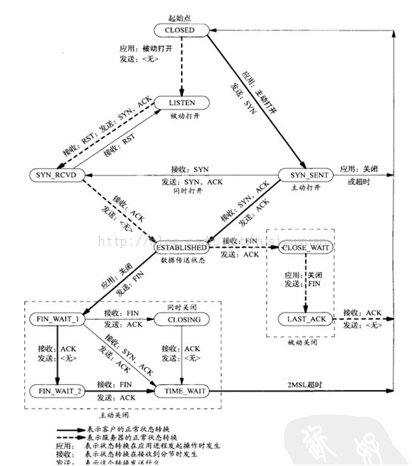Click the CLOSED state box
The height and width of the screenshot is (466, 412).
pyautogui.click(x=181, y=30)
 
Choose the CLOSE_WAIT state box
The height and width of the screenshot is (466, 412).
pyautogui.click(x=307, y=248)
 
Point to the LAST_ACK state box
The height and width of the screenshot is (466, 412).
pyautogui.click(x=307, y=319)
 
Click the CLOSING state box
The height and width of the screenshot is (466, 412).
pyautogui.click(x=182, y=319)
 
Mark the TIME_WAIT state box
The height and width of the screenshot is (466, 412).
pyautogui.click(x=182, y=390)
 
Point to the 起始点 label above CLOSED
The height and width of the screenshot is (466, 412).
pyautogui.click(x=180, y=16)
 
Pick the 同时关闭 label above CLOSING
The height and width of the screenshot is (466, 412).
pyautogui.click(x=183, y=305)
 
